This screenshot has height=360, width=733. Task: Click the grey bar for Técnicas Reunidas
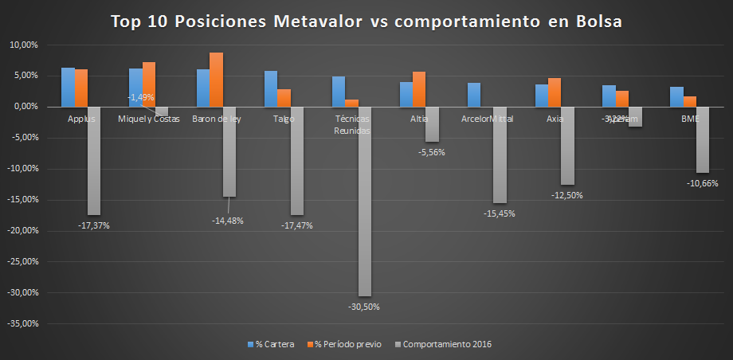364,201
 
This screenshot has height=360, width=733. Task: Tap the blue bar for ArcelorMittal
474,95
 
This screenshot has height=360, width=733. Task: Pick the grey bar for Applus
94,160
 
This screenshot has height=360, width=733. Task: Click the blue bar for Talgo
271,88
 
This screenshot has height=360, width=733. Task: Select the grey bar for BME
703,139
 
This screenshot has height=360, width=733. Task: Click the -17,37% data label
94,225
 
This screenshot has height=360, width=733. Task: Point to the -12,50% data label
566,195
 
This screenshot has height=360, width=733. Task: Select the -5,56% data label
432,152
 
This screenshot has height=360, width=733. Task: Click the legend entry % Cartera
270,344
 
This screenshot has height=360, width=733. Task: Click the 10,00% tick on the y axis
22,45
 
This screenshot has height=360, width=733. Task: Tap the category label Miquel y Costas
149,119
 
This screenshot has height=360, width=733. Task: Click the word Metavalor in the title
319,22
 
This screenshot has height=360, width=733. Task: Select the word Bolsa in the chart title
598,22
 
